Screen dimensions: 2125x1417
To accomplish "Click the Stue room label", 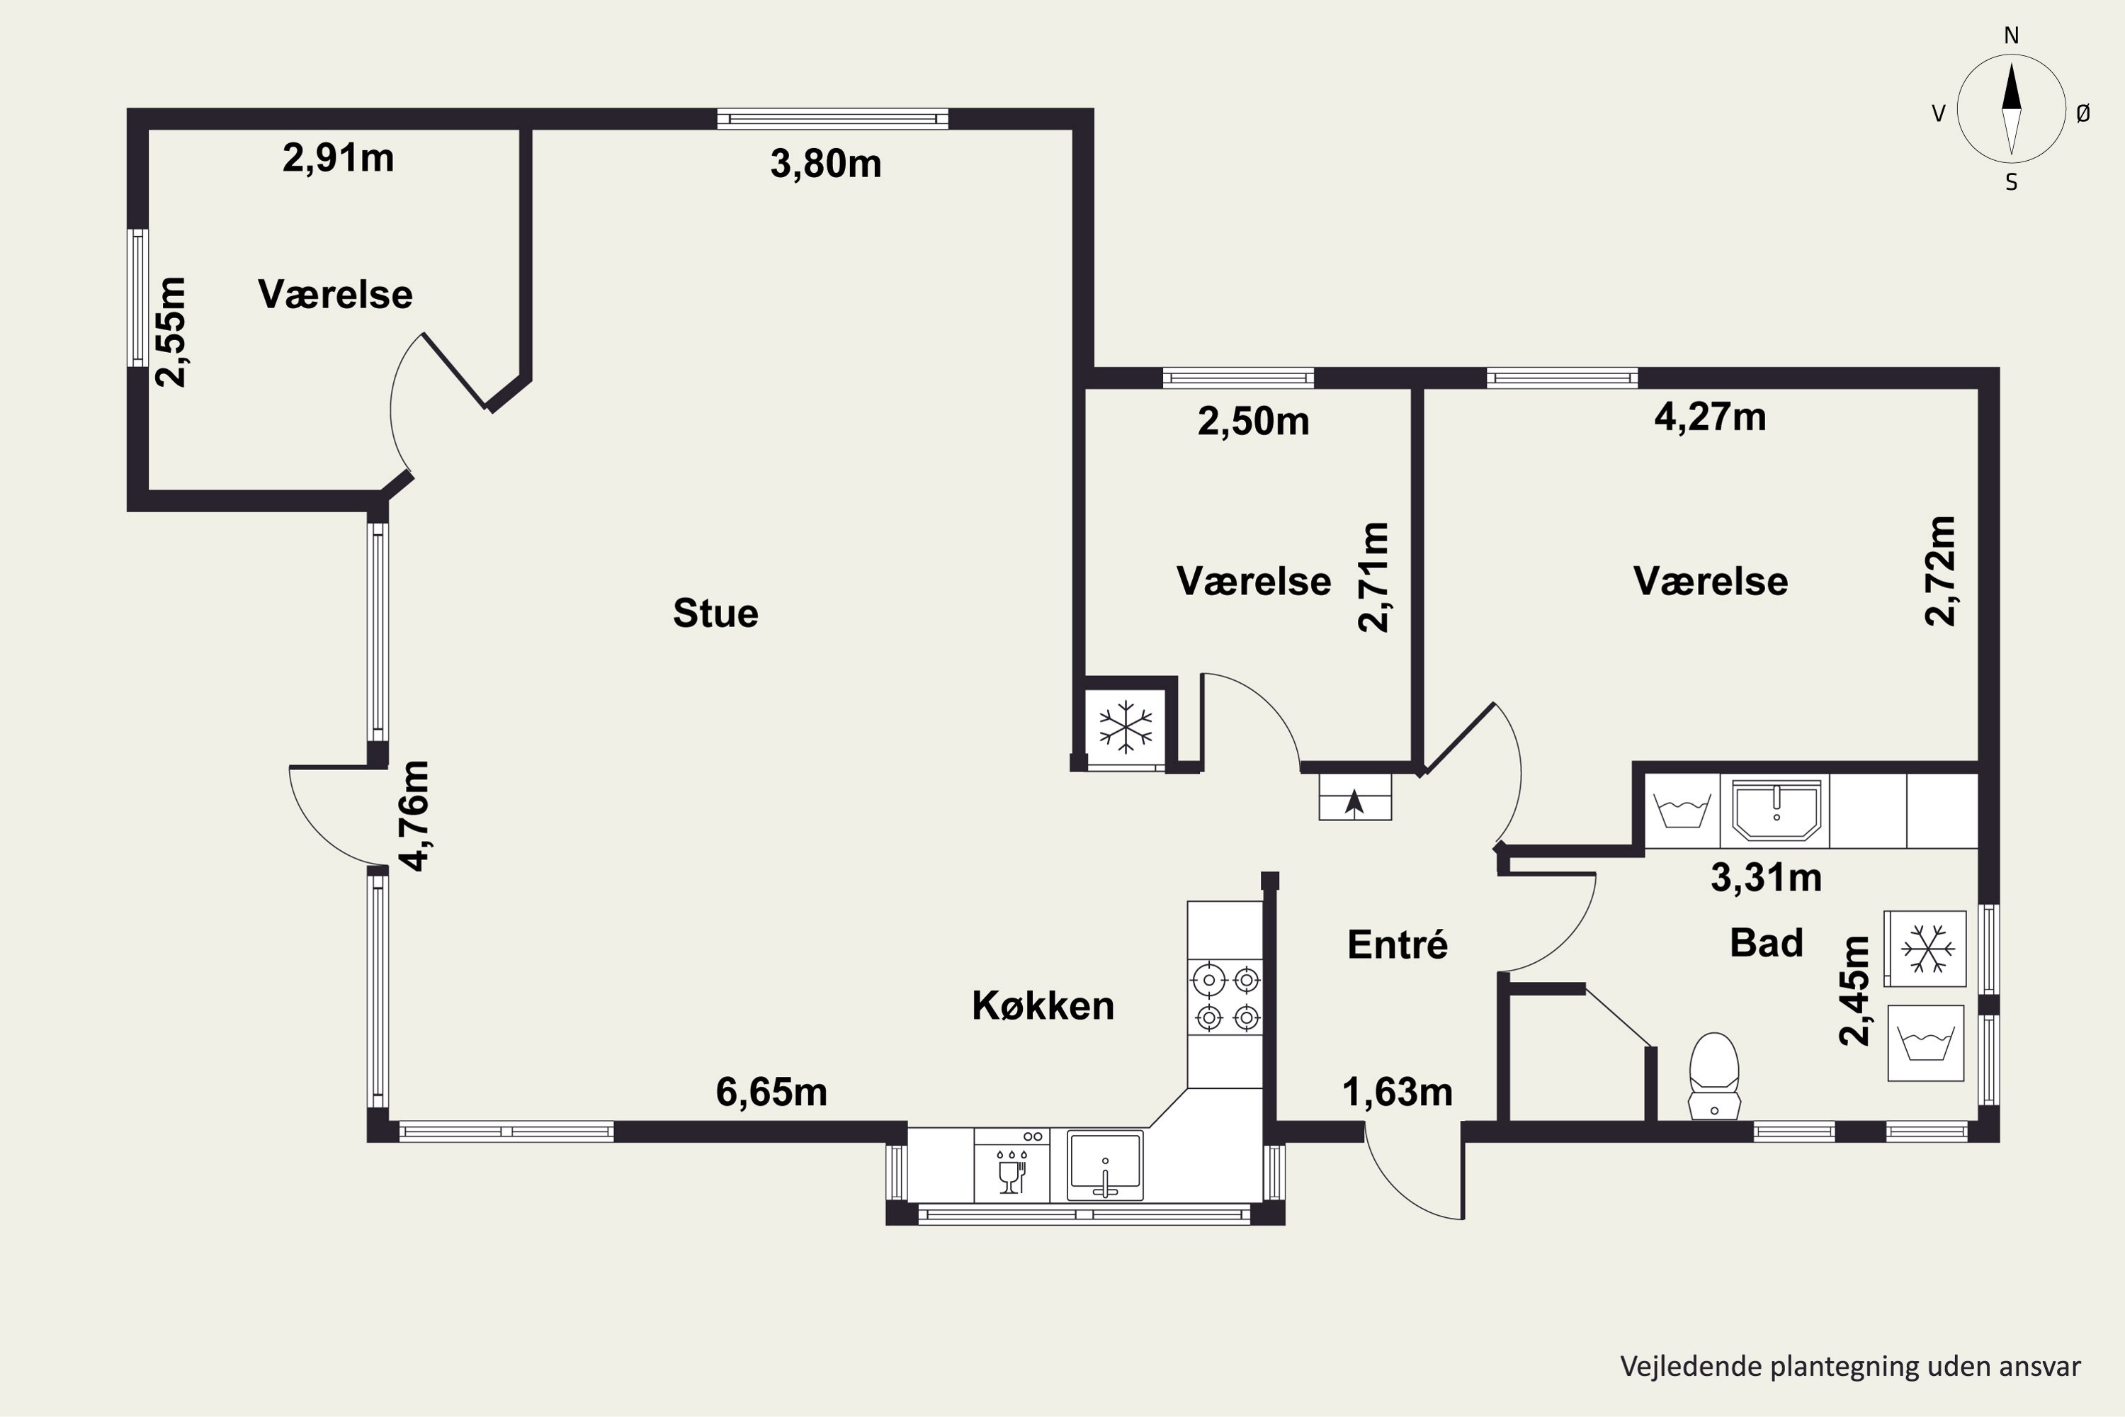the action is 715,614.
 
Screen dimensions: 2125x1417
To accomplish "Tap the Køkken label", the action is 1043,1006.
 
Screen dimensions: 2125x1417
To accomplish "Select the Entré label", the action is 1398,944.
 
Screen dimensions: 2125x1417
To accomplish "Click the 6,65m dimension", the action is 771,1093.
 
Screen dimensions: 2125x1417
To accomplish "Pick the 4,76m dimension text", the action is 414,816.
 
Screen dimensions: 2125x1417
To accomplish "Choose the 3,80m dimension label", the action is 826,164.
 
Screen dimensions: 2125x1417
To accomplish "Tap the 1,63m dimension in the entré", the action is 1398,1093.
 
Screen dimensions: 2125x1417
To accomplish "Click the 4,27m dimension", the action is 1711,417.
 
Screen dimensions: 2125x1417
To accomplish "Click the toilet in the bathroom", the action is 1714,1076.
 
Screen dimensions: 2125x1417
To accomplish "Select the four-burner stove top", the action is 1225,998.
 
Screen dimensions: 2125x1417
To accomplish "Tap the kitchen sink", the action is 1105,1165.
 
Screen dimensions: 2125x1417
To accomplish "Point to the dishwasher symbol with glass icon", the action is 1012,1165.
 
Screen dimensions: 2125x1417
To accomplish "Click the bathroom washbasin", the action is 1776,810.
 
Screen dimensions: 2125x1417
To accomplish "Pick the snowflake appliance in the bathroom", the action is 1925,949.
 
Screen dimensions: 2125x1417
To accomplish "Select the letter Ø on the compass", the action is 2082,113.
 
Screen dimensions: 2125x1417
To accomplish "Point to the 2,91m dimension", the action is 339,159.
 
